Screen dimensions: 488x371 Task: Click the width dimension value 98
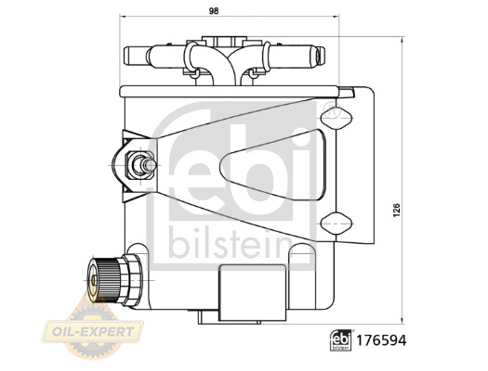(214, 11)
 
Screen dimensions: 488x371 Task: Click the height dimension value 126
(396, 211)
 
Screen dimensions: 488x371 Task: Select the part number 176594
(381, 340)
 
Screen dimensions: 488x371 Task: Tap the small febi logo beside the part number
(341, 340)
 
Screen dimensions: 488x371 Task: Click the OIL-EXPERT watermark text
(93, 332)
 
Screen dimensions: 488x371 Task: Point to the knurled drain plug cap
(102, 280)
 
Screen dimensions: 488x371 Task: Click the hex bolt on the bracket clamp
(140, 165)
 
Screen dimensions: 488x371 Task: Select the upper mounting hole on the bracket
(336, 118)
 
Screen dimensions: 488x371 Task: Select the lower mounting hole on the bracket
(336, 224)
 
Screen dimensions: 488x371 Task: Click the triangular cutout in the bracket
(274, 164)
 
